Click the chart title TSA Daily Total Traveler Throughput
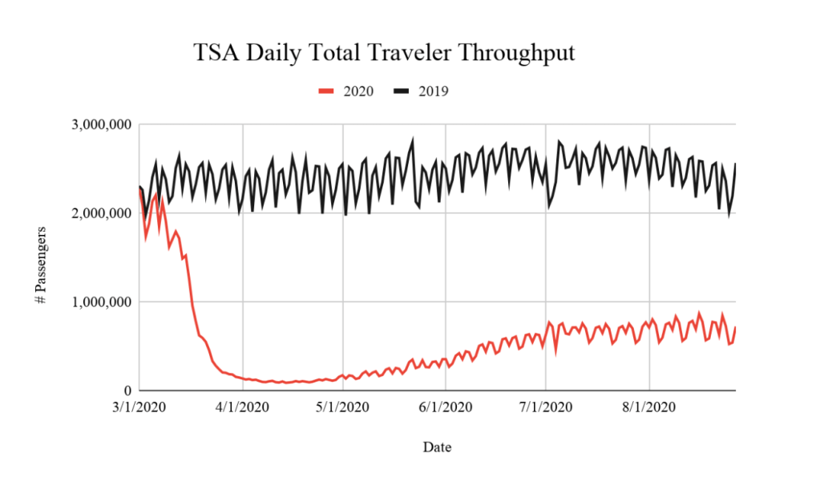[384, 54]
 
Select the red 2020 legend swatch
[325, 91]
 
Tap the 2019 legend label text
[433, 91]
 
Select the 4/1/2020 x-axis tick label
[240, 407]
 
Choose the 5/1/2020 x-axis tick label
[343, 407]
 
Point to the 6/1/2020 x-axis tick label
[446, 407]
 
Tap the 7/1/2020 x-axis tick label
[545, 407]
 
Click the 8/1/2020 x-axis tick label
[648, 407]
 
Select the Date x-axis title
[437, 447]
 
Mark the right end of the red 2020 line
[735, 328]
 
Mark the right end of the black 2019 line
[735, 164]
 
